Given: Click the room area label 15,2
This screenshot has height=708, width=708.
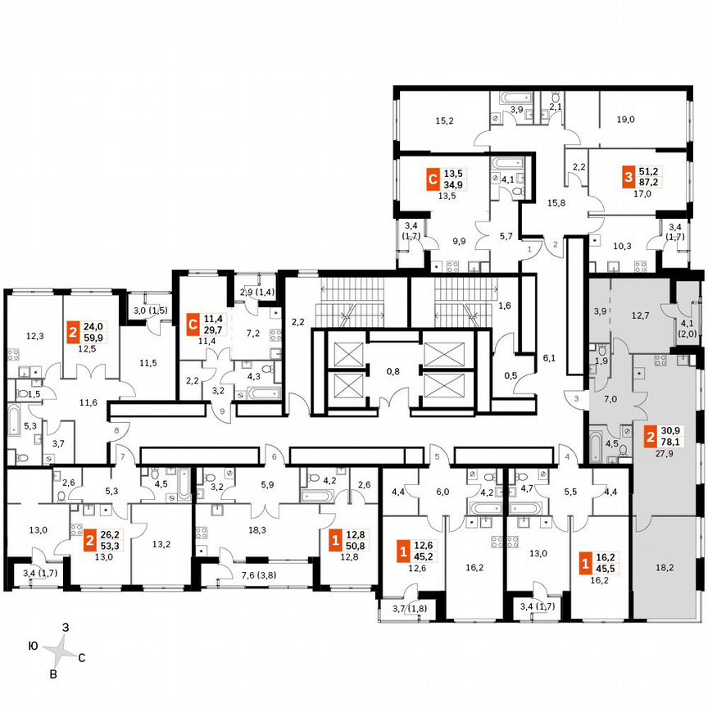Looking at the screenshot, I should point(444,120).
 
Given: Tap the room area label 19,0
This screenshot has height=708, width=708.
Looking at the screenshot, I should point(625,120).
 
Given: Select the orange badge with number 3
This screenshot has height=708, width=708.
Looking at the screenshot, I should point(628,175).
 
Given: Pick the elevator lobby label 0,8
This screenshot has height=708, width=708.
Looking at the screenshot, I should point(393,370).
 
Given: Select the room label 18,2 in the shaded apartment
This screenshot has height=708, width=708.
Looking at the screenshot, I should point(665,565).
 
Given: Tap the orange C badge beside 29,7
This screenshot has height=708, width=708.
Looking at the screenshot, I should point(192,324).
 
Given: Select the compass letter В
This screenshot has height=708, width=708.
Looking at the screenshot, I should point(54,674).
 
